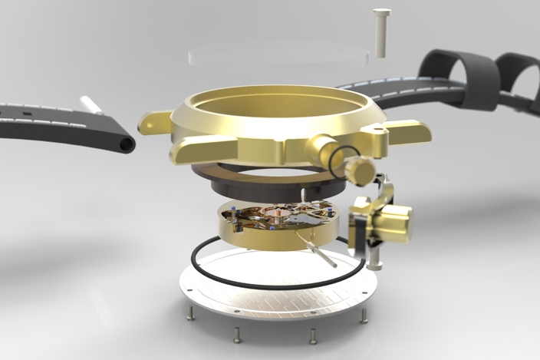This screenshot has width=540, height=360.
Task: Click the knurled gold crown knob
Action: pyautogui.click(x=359, y=169)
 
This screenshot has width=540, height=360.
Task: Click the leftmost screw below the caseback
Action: pyautogui.click(x=187, y=312)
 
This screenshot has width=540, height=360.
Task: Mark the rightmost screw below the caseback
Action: pyautogui.click(x=364, y=315)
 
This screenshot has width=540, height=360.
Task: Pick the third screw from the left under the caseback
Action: pyautogui.click(x=312, y=335)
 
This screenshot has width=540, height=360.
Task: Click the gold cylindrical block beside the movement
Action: pyautogui.click(x=391, y=223)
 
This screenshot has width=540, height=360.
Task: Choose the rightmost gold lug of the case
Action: pyautogui.click(x=410, y=131)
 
